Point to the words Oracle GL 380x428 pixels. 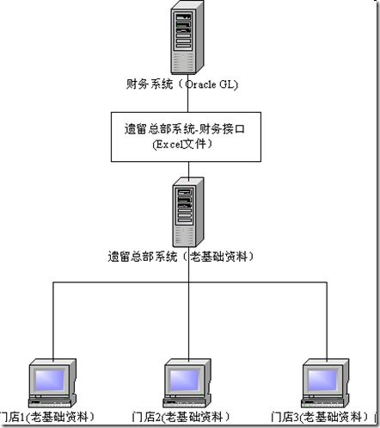click(214, 84)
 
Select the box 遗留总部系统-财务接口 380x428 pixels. click(189, 136)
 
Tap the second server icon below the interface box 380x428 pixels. click(188, 211)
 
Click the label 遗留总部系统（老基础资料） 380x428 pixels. click(188, 257)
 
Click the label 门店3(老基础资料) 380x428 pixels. click(323, 418)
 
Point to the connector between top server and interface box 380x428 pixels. click(188, 102)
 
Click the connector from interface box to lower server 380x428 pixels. click(188, 168)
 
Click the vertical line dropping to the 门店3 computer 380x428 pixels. click(327, 319)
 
